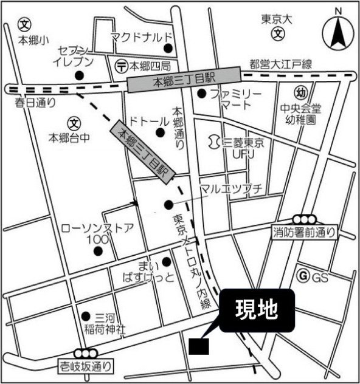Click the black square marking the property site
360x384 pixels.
tap(199, 346)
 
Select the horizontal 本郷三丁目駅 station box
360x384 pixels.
tap(184, 78)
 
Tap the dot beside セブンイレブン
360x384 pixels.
tap(79, 76)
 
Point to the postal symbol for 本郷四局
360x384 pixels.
tap(121, 64)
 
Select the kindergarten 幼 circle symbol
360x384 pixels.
tap(300, 93)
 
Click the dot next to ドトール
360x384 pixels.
tap(161, 132)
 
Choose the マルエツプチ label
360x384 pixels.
tap(231, 190)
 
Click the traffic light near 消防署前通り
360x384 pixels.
tap(303, 219)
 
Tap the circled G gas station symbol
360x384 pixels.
tap(301, 277)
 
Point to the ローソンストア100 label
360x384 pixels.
tap(97, 233)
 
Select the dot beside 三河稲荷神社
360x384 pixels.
tap(85, 316)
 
